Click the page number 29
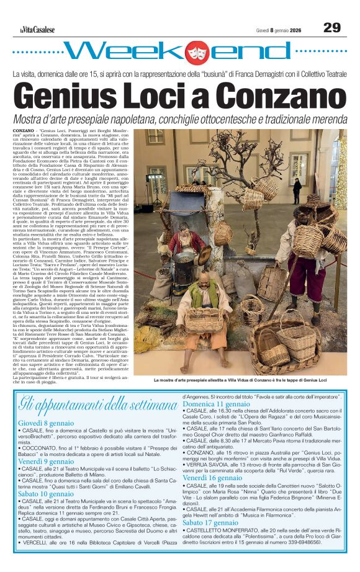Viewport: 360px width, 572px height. tap(333, 27)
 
